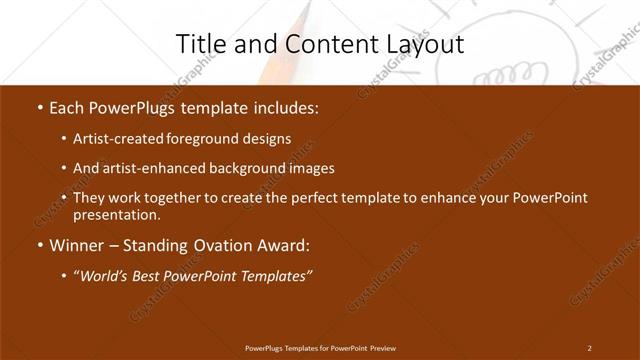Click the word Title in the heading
tap(200, 44)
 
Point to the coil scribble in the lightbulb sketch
tap(519, 70)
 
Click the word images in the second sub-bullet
tap(310, 168)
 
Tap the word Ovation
tap(218, 244)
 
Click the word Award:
tap(286, 244)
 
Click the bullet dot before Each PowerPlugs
tap(39, 107)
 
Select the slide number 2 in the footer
tap(589, 347)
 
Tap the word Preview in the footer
tap(381, 347)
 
